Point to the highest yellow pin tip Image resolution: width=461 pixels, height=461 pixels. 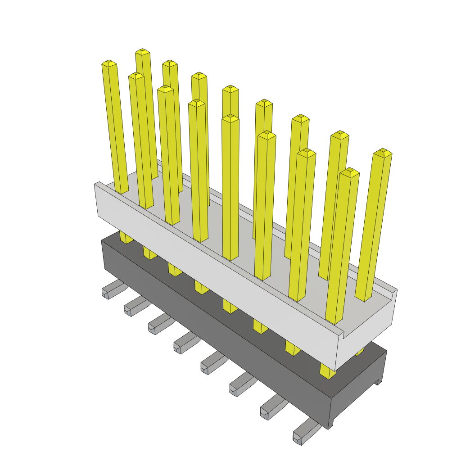pyautogui.click(x=142, y=52)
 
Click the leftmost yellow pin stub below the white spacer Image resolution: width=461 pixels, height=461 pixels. pyautogui.click(x=126, y=237)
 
